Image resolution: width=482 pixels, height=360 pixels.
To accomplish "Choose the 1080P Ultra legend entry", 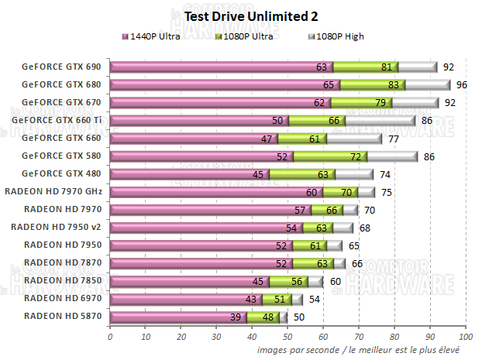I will [253, 36].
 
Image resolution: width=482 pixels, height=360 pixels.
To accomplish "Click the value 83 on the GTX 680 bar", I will [394, 84].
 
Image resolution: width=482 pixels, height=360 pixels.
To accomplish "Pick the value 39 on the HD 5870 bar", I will [235, 317].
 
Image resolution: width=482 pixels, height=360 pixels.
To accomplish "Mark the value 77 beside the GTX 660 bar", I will [393, 139].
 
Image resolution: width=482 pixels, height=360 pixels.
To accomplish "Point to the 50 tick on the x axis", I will [287, 338].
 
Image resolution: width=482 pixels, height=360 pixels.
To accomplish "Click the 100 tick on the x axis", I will [465, 338].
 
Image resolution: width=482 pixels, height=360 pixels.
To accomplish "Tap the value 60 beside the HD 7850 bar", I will [336, 281].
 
